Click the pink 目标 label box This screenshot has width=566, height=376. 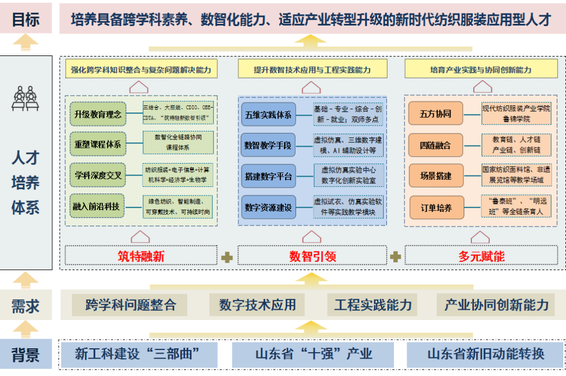click(x=26, y=19)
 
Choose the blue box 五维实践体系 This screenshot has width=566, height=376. click(x=268, y=114)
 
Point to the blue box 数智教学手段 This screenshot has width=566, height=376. click(x=268, y=145)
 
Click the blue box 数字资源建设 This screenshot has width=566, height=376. click(x=268, y=206)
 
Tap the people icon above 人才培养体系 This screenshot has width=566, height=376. click(x=26, y=98)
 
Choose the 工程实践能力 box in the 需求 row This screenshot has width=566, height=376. click(x=373, y=305)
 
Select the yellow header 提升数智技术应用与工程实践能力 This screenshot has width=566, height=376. click(x=312, y=70)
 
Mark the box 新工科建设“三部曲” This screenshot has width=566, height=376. click(x=138, y=354)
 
